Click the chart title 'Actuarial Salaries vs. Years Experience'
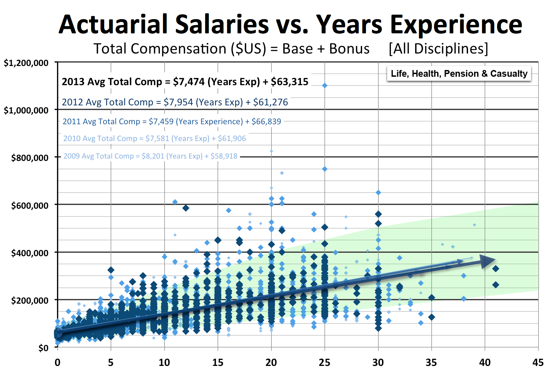(x=290, y=24)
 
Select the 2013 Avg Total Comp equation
(x=185, y=82)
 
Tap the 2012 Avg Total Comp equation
(x=175, y=102)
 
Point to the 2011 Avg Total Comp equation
(x=172, y=122)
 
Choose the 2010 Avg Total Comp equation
(x=154, y=138)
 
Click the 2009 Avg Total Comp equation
(x=150, y=156)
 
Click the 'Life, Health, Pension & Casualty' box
(x=459, y=74)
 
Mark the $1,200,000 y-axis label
(x=26, y=63)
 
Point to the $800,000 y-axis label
(x=30, y=158)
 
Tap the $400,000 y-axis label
(x=30, y=253)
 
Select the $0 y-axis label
(x=43, y=348)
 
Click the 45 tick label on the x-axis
(x=538, y=363)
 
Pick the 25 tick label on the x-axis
(x=324, y=363)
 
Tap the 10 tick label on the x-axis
(x=164, y=363)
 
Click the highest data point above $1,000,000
(x=325, y=86)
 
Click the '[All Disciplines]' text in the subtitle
(x=438, y=49)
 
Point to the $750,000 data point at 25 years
(x=325, y=169)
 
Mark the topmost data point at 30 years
(x=378, y=193)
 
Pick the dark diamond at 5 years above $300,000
(x=111, y=270)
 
